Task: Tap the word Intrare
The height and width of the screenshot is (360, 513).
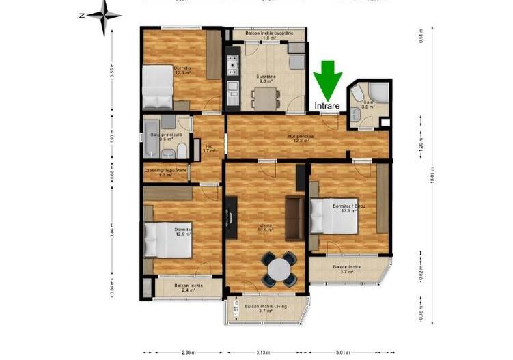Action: [x=329, y=107]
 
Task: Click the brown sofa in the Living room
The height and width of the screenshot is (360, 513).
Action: [x=294, y=218]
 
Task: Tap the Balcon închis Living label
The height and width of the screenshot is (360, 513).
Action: [x=266, y=308]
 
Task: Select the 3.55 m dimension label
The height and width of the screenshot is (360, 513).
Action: [x=112, y=72]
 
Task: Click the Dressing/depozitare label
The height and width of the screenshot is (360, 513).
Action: [x=165, y=170]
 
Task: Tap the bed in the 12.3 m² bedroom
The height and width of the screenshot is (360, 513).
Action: [x=158, y=87]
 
